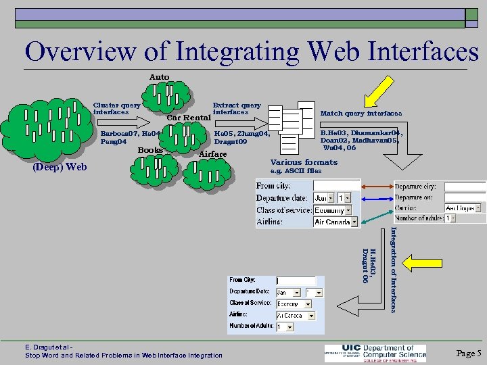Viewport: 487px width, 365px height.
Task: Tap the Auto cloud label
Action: [159, 77]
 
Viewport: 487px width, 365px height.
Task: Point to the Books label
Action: [150, 149]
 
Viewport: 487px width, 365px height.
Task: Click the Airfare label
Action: [212, 154]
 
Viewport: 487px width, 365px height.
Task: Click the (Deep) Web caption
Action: [60, 166]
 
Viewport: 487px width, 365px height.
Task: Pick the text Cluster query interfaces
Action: [116, 108]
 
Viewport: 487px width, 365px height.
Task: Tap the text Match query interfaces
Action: [361, 114]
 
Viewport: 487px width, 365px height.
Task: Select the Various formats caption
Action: [304, 162]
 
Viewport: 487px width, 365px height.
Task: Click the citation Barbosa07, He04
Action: [131, 134]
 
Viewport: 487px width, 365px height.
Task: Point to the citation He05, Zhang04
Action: [241, 134]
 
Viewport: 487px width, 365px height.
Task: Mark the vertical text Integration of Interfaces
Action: [393, 269]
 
